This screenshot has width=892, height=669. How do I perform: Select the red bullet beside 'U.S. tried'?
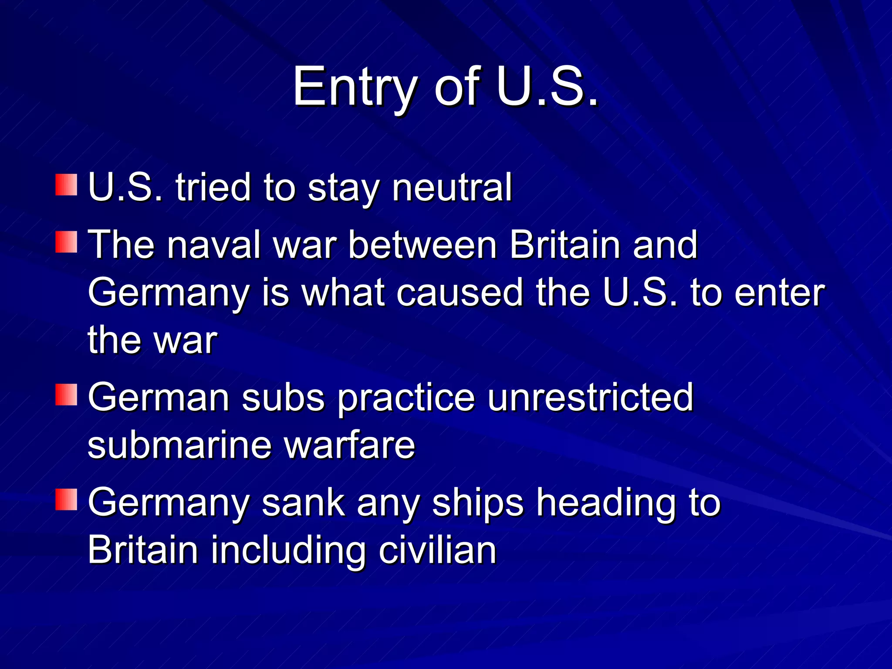tap(66, 185)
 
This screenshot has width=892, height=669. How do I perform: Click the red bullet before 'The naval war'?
tap(66, 242)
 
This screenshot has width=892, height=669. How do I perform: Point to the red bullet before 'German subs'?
tap(66, 395)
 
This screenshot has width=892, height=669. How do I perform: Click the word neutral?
tap(452, 188)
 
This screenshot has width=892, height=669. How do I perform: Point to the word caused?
tap(460, 293)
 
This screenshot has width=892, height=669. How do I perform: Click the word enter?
tap(780, 294)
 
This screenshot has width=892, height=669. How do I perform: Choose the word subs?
tap(283, 397)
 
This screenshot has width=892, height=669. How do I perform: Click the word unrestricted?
tap(590, 397)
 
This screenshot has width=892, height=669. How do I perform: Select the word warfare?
tap(350, 446)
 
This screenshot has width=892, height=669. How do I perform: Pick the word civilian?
tap(437, 551)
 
